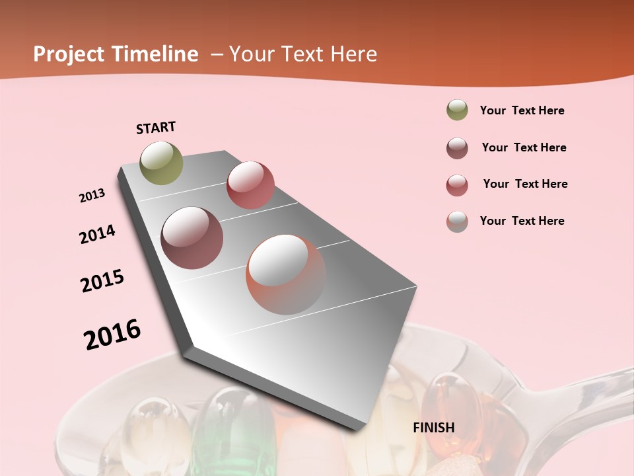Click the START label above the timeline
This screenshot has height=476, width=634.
click(156, 128)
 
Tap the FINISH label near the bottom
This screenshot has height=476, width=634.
click(434, 428)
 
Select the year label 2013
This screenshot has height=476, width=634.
click(92, 196)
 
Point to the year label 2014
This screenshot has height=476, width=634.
click(97, 235)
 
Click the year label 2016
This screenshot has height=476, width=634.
click(112, 335)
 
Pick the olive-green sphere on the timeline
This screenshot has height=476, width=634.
click(161, 163)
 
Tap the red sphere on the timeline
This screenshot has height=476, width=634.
click(250, 184)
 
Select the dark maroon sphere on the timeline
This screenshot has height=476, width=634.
click(192, 238)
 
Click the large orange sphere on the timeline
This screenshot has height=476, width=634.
click(286, 274)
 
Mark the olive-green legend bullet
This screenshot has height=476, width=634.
click(457, 110)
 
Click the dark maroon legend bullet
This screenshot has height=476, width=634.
click(457, 148)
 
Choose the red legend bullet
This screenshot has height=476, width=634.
click(457, 185)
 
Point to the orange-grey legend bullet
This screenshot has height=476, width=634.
click(457, 221)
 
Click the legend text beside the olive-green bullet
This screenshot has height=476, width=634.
click(522, 110)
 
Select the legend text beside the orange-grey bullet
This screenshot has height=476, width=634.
click(522, 221)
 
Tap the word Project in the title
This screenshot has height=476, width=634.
click(69, 54)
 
